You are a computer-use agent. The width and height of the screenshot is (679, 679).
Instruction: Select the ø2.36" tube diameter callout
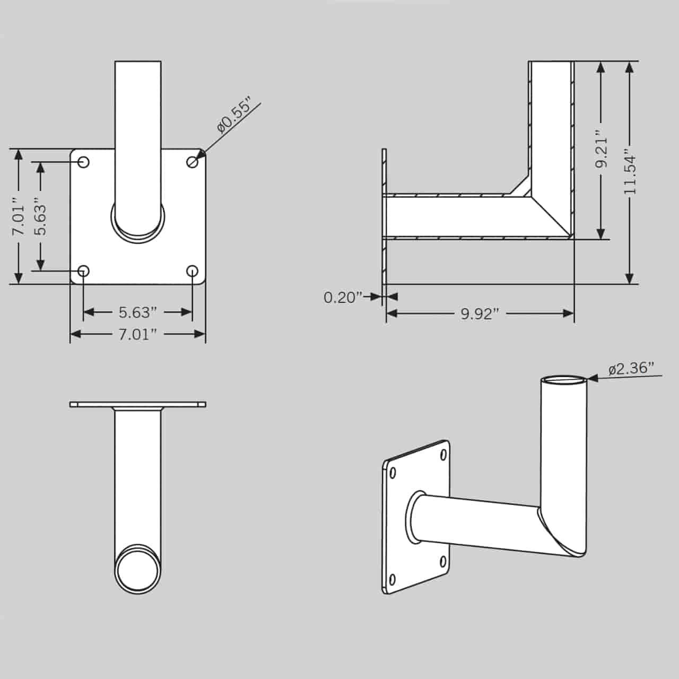tap(631, 368)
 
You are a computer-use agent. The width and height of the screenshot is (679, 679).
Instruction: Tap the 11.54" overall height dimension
tap(630, 173)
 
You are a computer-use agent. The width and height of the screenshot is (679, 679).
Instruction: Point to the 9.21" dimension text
tap(600, 150)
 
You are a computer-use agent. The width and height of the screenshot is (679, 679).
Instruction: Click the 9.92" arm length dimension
tap(480, 314)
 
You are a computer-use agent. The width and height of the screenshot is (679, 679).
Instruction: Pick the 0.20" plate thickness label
tap(343, 297)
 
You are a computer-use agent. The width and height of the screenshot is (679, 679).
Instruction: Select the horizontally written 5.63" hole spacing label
tap(137, 312)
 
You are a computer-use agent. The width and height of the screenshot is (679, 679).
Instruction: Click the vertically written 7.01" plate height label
tap(19, 216)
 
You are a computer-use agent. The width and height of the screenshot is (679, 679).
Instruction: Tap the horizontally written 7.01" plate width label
tap(137, 334)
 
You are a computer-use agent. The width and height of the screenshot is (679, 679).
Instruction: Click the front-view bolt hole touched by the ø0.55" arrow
tap(193, 162)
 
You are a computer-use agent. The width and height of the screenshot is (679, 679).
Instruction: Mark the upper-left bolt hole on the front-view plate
tap(83, 162)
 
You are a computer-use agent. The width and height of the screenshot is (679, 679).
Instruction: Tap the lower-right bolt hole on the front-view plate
tap(193, 272)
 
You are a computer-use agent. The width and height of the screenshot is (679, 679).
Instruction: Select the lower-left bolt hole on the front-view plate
tap(83, 272)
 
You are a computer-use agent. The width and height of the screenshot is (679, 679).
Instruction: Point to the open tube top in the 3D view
tap(564, 380)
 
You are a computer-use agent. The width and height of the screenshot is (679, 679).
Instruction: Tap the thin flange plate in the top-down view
tap(138, 404)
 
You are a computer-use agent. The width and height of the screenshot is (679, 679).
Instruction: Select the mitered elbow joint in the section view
tap(546, 207)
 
